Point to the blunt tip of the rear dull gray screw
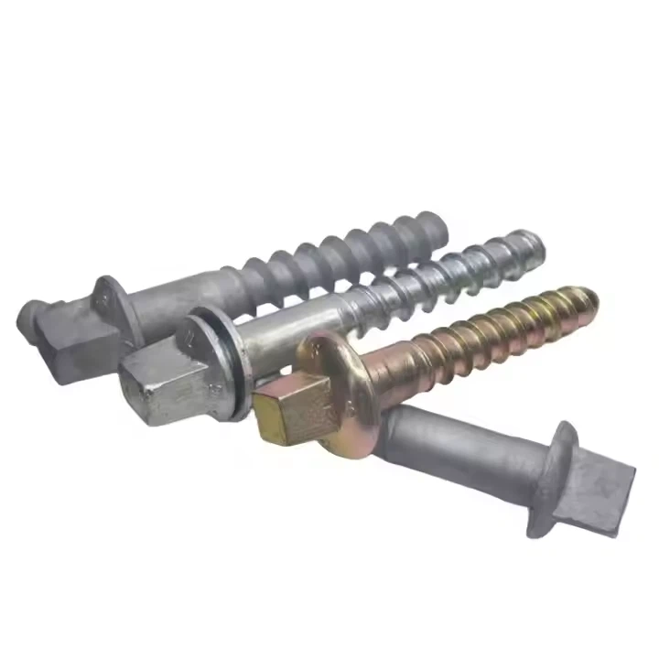pos(437,221)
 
